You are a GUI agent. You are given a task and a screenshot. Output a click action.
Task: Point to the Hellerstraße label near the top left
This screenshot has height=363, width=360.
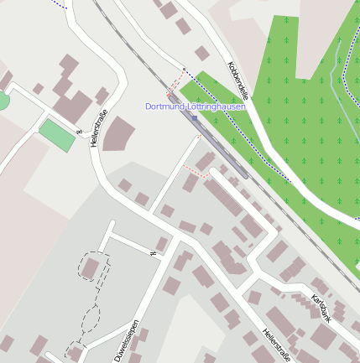(98, 128)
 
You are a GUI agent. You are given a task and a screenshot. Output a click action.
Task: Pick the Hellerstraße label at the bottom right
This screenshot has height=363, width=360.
(276, 345)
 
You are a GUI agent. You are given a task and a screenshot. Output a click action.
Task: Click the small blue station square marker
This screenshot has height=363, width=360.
(195, 118)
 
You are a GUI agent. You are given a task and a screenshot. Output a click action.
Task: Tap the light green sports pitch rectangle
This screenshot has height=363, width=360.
(57, 135)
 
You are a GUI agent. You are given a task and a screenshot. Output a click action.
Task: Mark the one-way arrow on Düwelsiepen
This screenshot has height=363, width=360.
(154, 252)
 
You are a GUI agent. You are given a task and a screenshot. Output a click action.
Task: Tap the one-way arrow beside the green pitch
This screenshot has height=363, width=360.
(77, 132)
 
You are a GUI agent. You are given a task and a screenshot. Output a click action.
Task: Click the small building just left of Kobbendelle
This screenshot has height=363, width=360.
(202, 53)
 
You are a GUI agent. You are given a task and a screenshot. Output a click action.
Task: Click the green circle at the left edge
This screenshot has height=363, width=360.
(3, 101)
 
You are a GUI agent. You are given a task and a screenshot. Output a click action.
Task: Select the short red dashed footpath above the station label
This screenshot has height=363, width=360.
(175, 85)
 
